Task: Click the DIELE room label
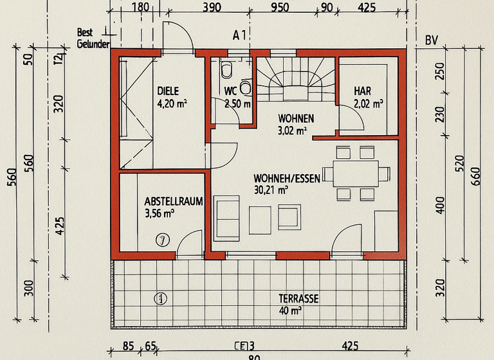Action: click(x=168, y=91)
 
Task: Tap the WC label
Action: click(x=230, y=91)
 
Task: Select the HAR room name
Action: click(x=362, y=91)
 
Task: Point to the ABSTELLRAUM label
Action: click(x=174, y=201)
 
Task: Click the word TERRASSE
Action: click(x=298, y=299)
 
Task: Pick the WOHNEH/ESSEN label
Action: click(x=286, y=178)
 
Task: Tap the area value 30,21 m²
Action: click(x=271, y=190)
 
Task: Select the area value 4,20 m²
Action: click(x=172, y=102)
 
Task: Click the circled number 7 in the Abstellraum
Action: click(x=163, y=240)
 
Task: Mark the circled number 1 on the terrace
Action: click(x=160, y=298)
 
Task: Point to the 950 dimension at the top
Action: click(x=279, y=8)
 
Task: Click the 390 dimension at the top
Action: click(x=212, y=8)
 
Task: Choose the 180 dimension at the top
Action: click(x=140, y=8)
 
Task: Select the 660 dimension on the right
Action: click(x=475, y=175)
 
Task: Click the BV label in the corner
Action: click(x=431, y=40)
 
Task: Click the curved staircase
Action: click(x=296, y=80)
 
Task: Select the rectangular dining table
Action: click(x=351, y=172)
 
